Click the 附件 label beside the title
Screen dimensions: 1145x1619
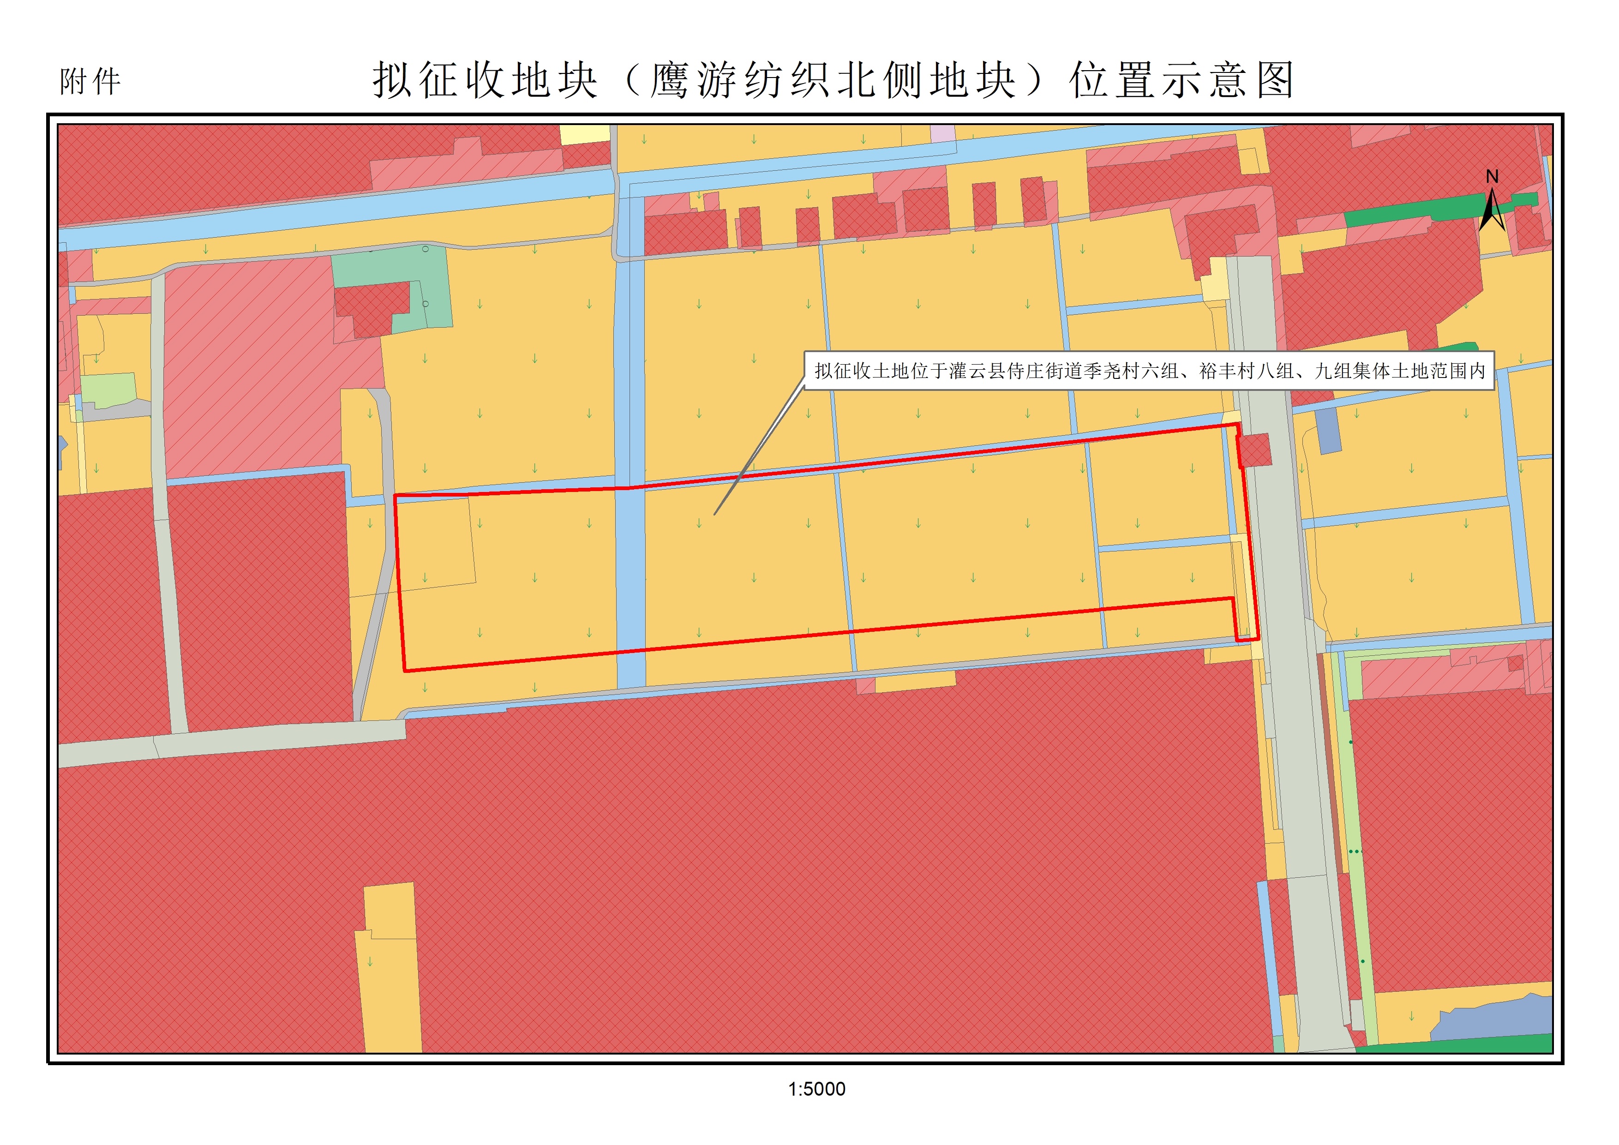(90, 82)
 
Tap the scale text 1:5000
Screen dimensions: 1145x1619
(816, 1089)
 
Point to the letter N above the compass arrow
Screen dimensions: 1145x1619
(1492, 177)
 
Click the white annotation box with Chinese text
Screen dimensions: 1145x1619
(1149, 371)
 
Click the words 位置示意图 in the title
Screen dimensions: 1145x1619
(1182, 80)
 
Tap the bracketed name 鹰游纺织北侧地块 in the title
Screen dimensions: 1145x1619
(832, 80)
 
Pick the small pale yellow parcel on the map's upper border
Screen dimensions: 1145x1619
(585, 134)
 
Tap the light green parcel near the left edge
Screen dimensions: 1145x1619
(108, 390)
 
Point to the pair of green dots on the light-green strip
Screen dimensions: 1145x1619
(1355, 851)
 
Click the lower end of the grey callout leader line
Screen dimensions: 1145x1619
(715, 514)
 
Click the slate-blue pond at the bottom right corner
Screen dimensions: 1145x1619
(1488, 1019)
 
